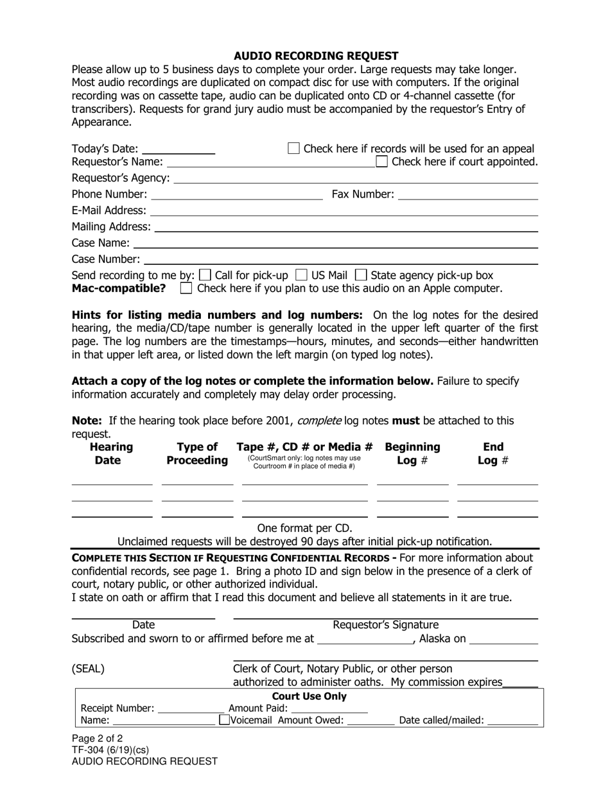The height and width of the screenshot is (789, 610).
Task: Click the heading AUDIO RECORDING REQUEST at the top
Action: coord(315,56)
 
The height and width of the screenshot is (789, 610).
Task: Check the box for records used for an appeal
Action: coord(293,148)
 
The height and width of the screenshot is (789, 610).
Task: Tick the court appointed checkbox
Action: coord(382,161)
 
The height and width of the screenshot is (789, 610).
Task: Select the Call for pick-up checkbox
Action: coord(205,275)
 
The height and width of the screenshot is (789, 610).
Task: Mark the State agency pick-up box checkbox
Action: coord(362,275)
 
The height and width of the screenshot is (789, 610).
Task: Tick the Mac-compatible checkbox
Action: coord(186,289)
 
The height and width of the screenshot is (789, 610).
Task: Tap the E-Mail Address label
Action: coord(109,210)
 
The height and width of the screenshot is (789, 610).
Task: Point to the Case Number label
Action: coord(105,259)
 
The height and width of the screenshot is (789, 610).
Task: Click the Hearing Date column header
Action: coord(111,454)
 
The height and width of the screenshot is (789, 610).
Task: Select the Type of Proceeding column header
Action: coord(197,454)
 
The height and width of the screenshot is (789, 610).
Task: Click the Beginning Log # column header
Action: coord(412,454)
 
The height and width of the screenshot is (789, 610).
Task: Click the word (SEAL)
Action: coord(88,669)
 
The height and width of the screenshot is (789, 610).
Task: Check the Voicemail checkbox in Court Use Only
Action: coord(224,720)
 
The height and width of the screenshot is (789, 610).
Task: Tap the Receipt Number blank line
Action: coord(191,709)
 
